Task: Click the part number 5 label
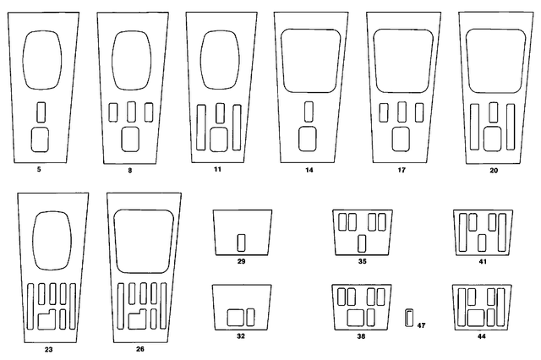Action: (x=39, y=169)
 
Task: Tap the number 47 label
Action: (x=421, y=325)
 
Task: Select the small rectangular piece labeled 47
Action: (x=409, y=318)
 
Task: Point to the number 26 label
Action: (x=140, y=349)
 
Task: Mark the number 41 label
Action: (x=483, y=262)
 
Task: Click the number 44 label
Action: (x=482, y=336)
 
